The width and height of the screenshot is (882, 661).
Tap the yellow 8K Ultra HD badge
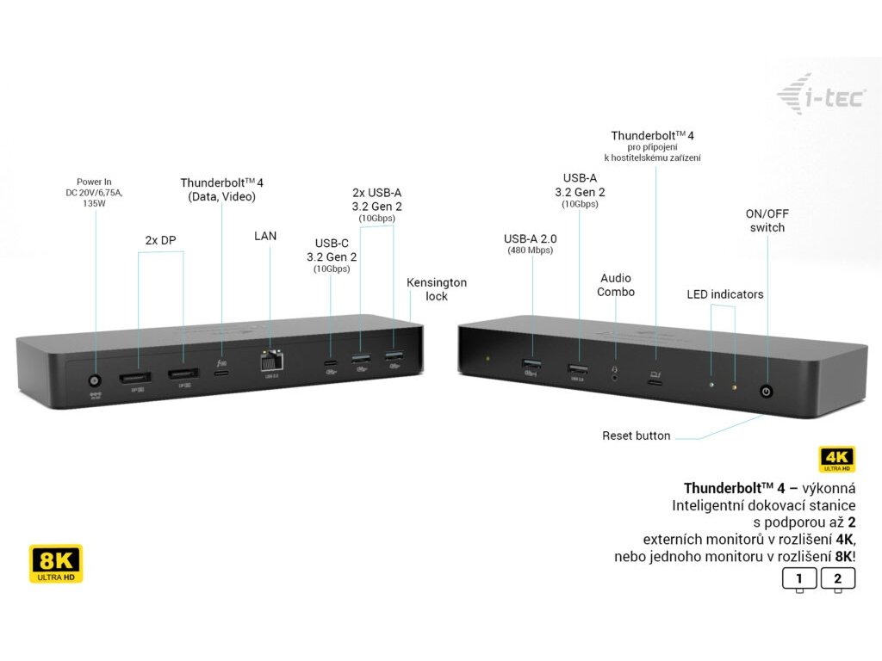click(56, 563)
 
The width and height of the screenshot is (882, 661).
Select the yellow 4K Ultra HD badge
click(836, 459)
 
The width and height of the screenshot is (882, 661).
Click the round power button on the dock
click(766, 392)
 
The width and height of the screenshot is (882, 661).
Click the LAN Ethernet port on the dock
click(270, 362)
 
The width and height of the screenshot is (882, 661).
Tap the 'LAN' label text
click(265, 235)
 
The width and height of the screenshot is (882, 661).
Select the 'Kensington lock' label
click(437, 289)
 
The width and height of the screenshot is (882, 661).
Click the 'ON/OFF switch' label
click(767, 220)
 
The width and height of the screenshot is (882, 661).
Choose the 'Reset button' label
click(636, 436)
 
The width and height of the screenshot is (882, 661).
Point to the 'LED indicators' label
click(724, 294)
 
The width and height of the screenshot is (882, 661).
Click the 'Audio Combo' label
click(616, 285)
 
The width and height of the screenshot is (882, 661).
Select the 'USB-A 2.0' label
click(529, 238)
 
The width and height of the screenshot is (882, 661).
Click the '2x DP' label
click(160, 240)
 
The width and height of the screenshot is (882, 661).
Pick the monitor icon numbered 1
click(799, 579)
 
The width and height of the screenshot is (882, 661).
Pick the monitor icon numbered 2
click(838, 579)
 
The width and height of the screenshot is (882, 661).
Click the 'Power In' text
click(94, 182)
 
